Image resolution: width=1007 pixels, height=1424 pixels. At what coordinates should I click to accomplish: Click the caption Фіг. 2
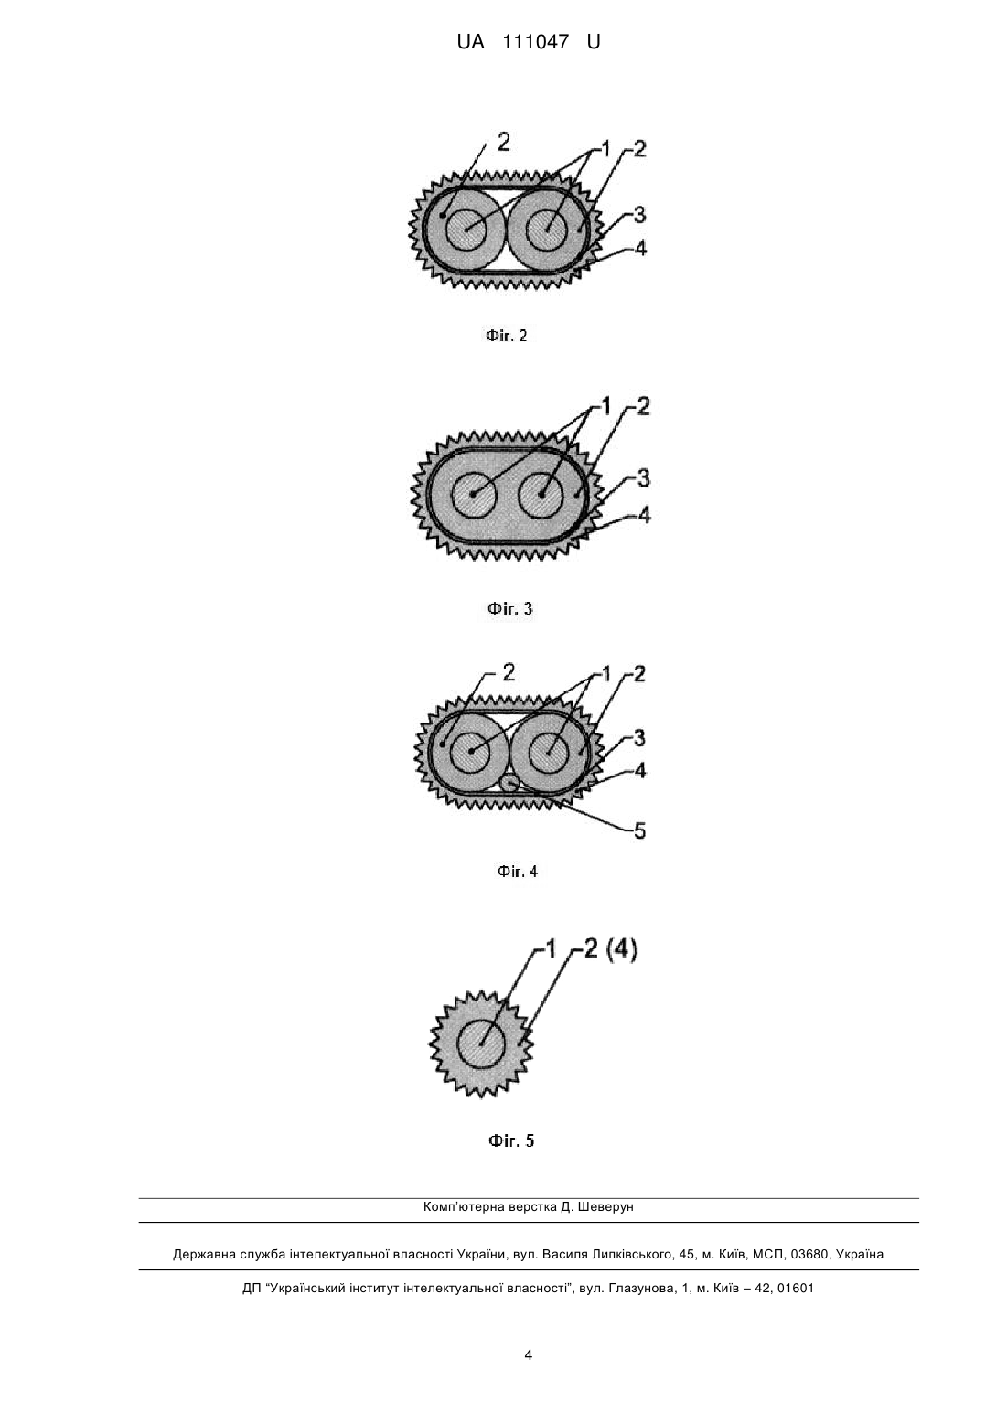tap(506, 336)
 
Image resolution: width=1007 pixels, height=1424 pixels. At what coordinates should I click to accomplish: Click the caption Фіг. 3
tap(509, 608)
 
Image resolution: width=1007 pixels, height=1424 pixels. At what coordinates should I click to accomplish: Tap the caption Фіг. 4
tap(517, 871)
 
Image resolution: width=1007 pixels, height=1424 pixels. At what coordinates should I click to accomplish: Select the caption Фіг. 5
tap(511, 1140)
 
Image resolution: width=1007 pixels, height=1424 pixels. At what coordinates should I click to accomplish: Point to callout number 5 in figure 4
tap(639, 830)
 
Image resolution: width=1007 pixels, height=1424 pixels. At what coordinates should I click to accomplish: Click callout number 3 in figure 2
tap(639, 215)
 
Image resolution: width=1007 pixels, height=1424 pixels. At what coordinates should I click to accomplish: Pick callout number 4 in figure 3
tap(644, 515)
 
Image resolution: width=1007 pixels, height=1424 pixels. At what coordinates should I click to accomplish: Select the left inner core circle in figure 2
tap(466, 230)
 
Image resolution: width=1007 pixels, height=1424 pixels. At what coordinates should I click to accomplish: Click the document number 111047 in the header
tap(536, 42)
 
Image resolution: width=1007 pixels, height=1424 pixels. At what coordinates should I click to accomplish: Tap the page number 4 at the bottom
tap(529, 1354)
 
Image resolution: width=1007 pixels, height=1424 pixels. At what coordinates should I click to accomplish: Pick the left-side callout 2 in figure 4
tap(509, 672)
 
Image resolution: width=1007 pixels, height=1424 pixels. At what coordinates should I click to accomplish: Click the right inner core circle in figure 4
tap(548, 751)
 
